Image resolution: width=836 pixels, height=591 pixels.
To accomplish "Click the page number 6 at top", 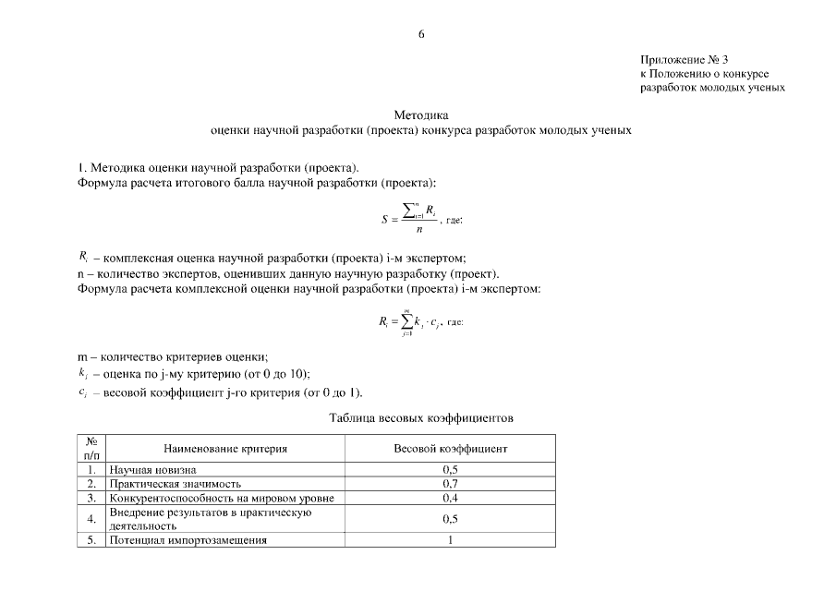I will coord(421,35).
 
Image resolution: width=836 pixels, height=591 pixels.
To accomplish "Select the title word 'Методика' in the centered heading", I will coord(420,115).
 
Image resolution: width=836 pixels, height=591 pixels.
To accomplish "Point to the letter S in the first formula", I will coord(384,220).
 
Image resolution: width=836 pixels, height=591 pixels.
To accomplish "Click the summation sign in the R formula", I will coord(406,321).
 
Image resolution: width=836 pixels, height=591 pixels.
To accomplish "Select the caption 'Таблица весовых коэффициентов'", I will coord(421,418).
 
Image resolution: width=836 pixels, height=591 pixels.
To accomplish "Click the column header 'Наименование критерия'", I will coord(225,449).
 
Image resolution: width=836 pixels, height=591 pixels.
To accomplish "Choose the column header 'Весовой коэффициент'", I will coord(450,449).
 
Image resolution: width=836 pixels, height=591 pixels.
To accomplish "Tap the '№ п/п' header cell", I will coord(91,449).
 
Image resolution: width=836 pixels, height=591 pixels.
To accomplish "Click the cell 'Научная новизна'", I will coord(152,470).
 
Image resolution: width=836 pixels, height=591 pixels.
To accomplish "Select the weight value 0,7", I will coord(450,483).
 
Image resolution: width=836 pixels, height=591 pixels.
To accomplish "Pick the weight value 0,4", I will coord(450,497).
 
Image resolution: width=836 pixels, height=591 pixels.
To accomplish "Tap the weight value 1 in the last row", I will coord(450,540).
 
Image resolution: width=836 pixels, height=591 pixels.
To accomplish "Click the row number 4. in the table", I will coord(91,519).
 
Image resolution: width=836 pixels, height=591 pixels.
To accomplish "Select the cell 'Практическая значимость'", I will coord(175,483).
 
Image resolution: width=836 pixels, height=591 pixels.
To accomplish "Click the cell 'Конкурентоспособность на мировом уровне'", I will coord(221,497).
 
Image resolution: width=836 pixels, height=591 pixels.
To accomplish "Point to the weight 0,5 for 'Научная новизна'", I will coord(450,470).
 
